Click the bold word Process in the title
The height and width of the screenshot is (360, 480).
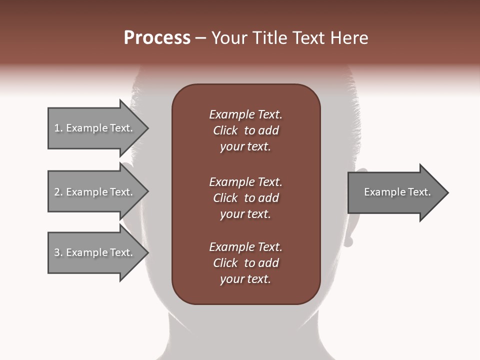point(157,38)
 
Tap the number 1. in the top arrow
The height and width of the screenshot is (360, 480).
point(58,128)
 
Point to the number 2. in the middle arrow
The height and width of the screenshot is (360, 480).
point(58,192)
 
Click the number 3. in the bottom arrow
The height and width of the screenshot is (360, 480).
point(58,252)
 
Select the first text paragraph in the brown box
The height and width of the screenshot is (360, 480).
point(245,130)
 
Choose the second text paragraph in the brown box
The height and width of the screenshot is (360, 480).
point(245,198)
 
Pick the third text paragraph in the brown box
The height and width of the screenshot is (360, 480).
point(245,263)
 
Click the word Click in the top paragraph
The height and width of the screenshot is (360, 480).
point(225,130)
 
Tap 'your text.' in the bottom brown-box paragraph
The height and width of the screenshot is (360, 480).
point(245,279)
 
